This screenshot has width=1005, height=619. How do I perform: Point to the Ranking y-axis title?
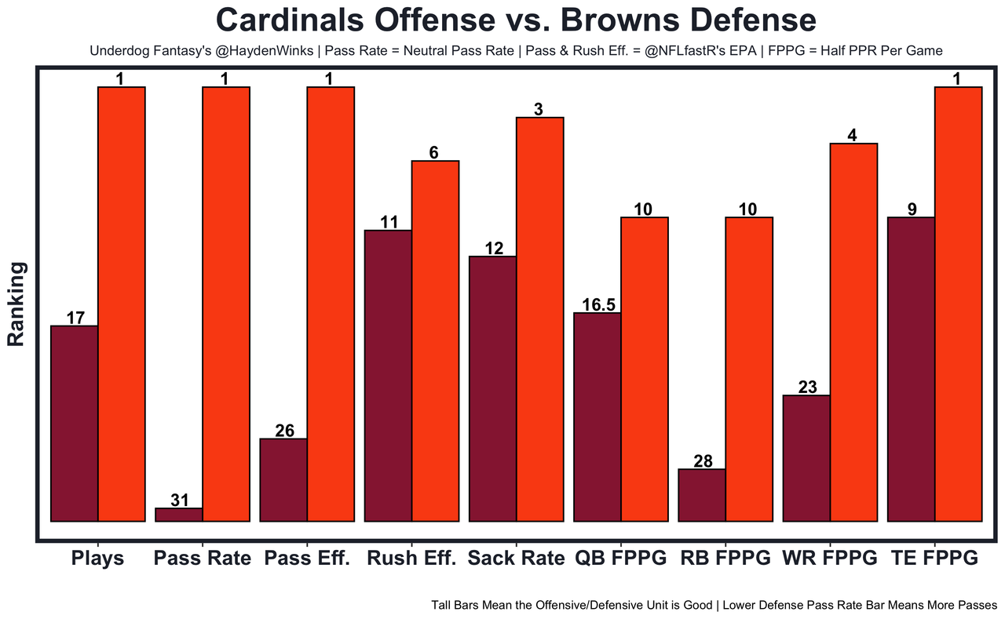(16, 304)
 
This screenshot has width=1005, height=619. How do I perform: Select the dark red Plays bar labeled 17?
(74, 423)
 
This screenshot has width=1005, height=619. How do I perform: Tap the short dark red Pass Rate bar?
(179, 515)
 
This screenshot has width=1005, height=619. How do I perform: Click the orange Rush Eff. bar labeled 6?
(435, 340)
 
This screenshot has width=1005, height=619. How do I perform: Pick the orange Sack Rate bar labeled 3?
(539, 319)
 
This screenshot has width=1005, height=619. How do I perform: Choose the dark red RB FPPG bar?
(702, 495)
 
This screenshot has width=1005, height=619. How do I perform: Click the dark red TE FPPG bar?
(911, 369)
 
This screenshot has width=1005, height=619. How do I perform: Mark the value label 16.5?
(598, 304)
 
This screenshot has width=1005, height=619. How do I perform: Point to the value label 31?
(180, 500)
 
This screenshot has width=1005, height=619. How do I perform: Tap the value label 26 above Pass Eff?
(284, 431)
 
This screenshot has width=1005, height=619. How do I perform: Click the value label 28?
(703, 461)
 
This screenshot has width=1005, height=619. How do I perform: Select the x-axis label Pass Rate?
(203, 559)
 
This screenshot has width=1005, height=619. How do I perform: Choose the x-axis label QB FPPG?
(621, 559)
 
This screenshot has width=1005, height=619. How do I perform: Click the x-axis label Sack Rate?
(516, 559)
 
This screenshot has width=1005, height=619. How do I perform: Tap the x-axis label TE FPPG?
(934, 559)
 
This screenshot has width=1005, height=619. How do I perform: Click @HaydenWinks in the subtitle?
(236, 50)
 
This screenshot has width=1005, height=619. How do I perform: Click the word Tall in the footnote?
(443, 606)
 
